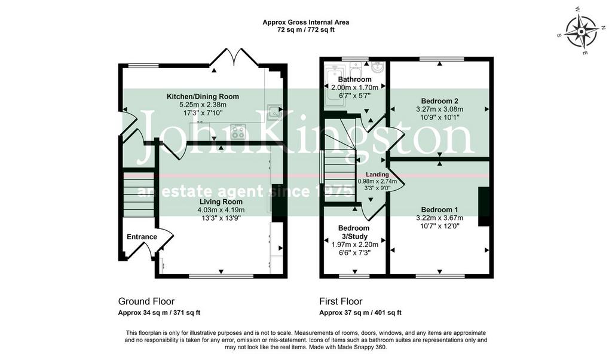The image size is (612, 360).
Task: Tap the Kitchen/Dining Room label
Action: tap(203, 96)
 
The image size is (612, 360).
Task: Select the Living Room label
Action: tap(221, 202)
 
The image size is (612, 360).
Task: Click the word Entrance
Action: tap(142, 237)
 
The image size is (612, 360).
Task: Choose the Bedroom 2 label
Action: tap(439, 101)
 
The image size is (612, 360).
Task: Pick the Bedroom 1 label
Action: tap(439, 210)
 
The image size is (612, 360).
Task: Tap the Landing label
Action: tap(378, 175)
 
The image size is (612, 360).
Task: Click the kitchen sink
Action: tap(274, 112)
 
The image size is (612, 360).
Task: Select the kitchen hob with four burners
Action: tap(238, 131)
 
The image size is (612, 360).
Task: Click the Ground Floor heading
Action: tap(146, 301)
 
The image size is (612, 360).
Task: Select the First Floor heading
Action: tap(341, 301)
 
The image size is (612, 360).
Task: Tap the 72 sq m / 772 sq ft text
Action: tap(305, 29)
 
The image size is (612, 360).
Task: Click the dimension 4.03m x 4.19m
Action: tap(221, 210)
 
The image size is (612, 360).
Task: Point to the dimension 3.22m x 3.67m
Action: tap(439, 218)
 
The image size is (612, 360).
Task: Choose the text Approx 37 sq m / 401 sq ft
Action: tap(360, 312)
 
